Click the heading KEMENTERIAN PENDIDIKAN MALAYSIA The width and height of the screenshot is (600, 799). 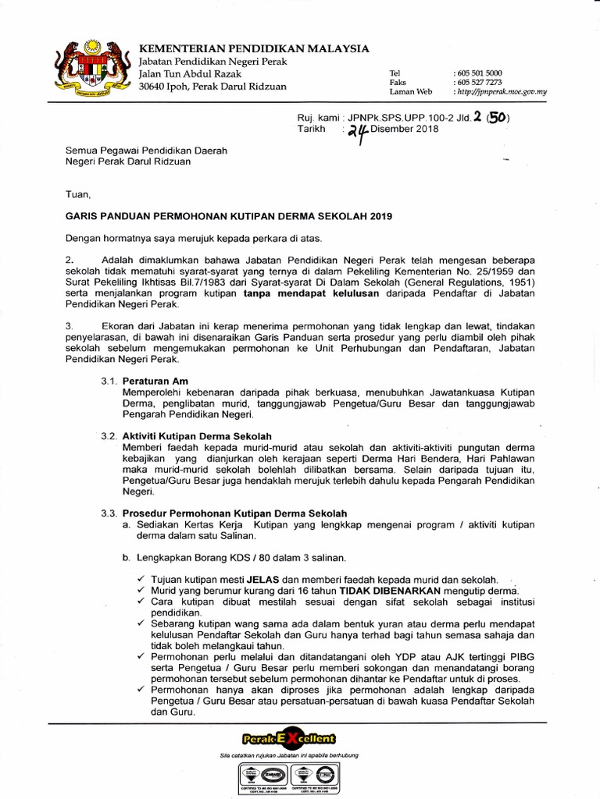[254, 48]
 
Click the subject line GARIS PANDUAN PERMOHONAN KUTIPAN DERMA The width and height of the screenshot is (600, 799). [228, 215]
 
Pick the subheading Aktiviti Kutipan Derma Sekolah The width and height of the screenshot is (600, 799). [198, 435]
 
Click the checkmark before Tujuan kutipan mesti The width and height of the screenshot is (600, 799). [140, 579]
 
